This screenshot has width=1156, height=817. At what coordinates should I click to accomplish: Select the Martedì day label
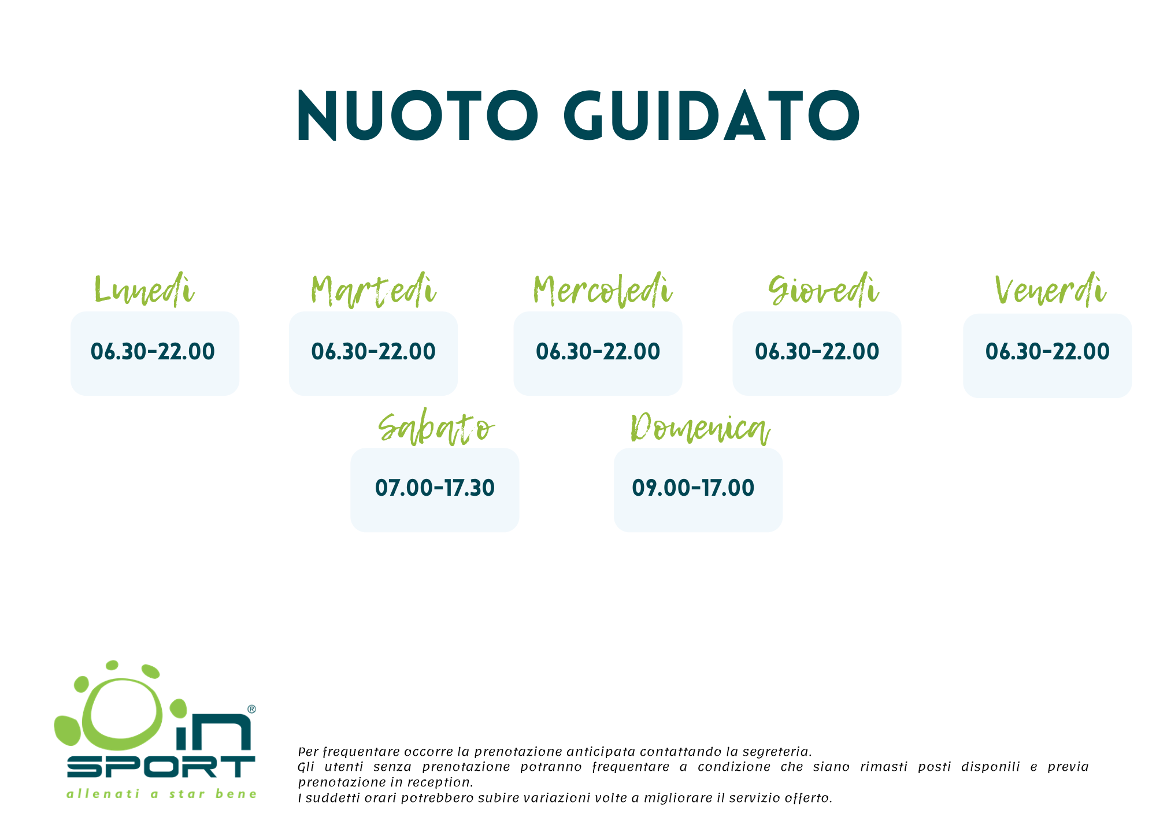point(373,289)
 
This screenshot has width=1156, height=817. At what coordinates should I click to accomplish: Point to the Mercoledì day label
point(603,289)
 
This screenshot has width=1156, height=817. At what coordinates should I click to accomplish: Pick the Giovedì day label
point(824,289)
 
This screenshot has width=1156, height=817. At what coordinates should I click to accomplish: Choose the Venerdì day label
point(1050,289)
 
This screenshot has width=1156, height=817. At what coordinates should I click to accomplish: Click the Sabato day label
point(436,429)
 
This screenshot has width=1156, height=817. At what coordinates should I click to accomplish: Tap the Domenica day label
point(700,429)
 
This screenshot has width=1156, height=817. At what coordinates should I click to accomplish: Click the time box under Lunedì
point(155,354)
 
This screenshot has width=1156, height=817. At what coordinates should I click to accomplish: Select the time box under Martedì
point(373,354)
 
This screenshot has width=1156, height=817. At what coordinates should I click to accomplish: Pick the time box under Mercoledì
point(598,354)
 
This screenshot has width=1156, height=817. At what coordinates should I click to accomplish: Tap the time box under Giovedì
point(817,354)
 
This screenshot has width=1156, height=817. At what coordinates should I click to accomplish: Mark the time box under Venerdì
point(1047,356)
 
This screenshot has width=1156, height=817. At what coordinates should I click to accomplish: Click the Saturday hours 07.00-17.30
point(435,488)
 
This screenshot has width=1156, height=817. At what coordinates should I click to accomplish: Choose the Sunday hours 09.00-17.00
point(693,488)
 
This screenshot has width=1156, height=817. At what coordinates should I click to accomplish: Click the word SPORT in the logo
point(161,767)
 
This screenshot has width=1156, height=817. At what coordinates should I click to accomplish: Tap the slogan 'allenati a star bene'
point(162,794)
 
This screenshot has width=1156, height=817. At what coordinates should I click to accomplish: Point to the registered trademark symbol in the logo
point(251,709)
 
